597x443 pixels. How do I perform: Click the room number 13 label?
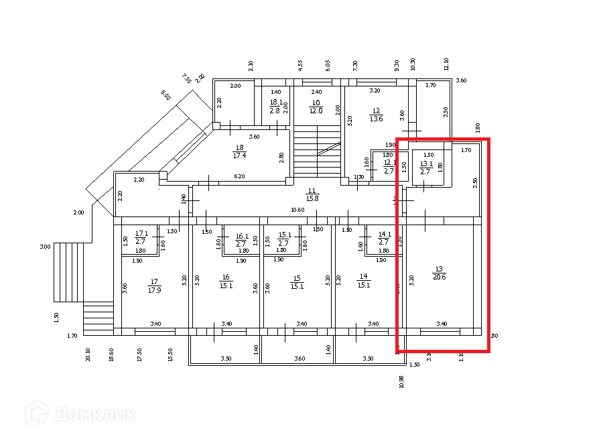[x=440, y=268]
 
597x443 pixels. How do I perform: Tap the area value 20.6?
[x=440, y=276]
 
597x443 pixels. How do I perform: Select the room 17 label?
[x=154, y=281]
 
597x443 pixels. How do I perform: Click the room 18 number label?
[x=239, y=147]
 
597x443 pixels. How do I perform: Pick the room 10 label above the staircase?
[x=316, y=103]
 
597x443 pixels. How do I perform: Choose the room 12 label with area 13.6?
[x=376, y=111]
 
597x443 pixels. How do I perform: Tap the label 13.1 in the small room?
[x=426, y=164]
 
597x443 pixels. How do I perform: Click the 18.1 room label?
[x=275, y=103]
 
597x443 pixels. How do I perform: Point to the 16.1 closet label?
[x=242, y=236]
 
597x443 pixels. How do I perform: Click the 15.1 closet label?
[x=283, y=235]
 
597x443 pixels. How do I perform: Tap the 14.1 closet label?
[x=384, y=234]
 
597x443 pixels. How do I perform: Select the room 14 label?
[x=364, y=276]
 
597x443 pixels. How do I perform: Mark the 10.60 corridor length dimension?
[x=297, y=210]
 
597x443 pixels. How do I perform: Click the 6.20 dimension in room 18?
[x=239, y=176]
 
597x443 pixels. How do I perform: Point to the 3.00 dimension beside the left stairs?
[x=45, y=247]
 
